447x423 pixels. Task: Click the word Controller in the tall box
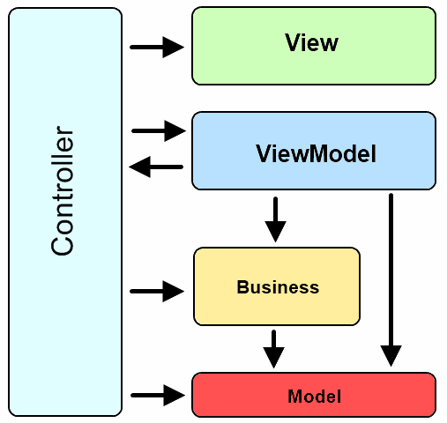63,192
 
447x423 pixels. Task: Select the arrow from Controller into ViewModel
159,131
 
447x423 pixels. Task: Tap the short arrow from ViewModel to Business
276,219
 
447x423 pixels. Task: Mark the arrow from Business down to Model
274,348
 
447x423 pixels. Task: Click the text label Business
278,287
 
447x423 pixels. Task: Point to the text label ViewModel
316,155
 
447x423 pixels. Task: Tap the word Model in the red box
314,397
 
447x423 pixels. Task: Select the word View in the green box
311,43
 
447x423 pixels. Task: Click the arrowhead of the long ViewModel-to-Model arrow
391,356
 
